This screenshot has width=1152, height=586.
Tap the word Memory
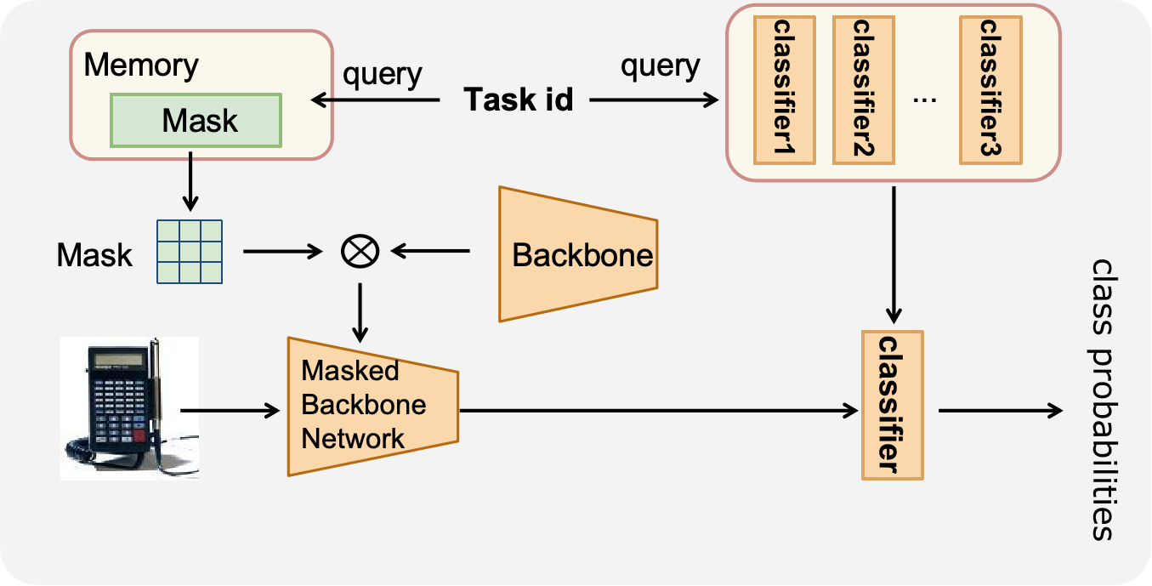click(141, 65)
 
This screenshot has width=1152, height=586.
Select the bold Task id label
click(518, 100)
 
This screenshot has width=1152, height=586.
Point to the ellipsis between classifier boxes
click(924, 100)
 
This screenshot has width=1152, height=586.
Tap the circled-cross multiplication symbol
click(360, 252)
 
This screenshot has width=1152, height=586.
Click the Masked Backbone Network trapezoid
click(370, 406)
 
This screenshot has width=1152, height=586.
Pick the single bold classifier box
click(892, 405)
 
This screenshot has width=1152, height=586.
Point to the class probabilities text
click(1102, 398)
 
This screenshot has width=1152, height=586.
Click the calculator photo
click(129, 408)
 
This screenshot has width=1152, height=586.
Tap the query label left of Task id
click(382, 74)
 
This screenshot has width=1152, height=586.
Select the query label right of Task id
click(660, 65)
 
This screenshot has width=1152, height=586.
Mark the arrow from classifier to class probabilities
click(1000, 411)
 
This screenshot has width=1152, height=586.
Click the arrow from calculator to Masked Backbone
click(230, 411)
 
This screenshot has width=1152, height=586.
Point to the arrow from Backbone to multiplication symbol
click(430, 252)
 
